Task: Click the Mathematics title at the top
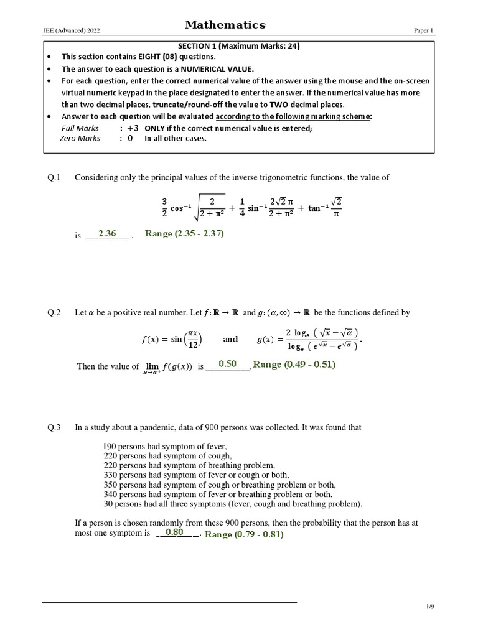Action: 225,26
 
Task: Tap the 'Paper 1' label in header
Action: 426,30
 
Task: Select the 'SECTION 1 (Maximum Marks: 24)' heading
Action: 238,46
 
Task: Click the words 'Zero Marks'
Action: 80,138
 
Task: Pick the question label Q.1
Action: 55,178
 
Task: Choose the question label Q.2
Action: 55,313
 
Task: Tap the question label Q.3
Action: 55,427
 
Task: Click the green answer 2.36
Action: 107,233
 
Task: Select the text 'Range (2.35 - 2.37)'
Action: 184,233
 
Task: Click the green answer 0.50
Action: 228,363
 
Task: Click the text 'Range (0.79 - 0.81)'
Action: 244,534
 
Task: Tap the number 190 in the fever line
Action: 110,447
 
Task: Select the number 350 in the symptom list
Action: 111,485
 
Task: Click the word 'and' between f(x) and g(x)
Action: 230,340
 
